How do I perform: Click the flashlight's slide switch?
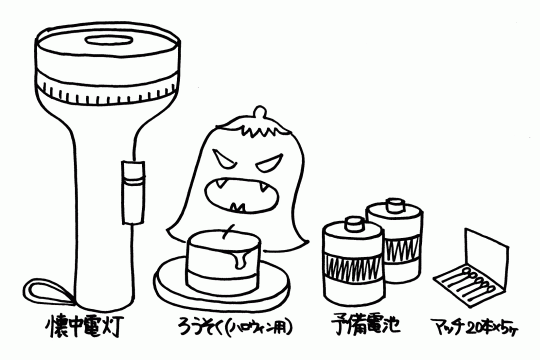click(x=133, y=192)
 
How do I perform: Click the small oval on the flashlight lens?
click(x=109, y=40)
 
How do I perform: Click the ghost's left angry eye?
click(x=222, y=160)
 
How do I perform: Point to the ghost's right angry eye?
click(x=270, y=164)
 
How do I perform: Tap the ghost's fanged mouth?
click(x=242, y=195)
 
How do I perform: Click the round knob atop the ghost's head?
click(x=260, y=113)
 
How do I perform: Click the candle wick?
click(x=229, y=231)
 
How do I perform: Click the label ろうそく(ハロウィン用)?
click(x=235, y=326)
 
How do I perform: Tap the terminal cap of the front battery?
click(x=354, y=224)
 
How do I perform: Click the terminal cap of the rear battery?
click(x=395, y=205)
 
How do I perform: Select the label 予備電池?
click(x=366, y=325)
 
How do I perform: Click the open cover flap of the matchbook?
click(x=486, y=257)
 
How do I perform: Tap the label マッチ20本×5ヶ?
click(x=475, y=327)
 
